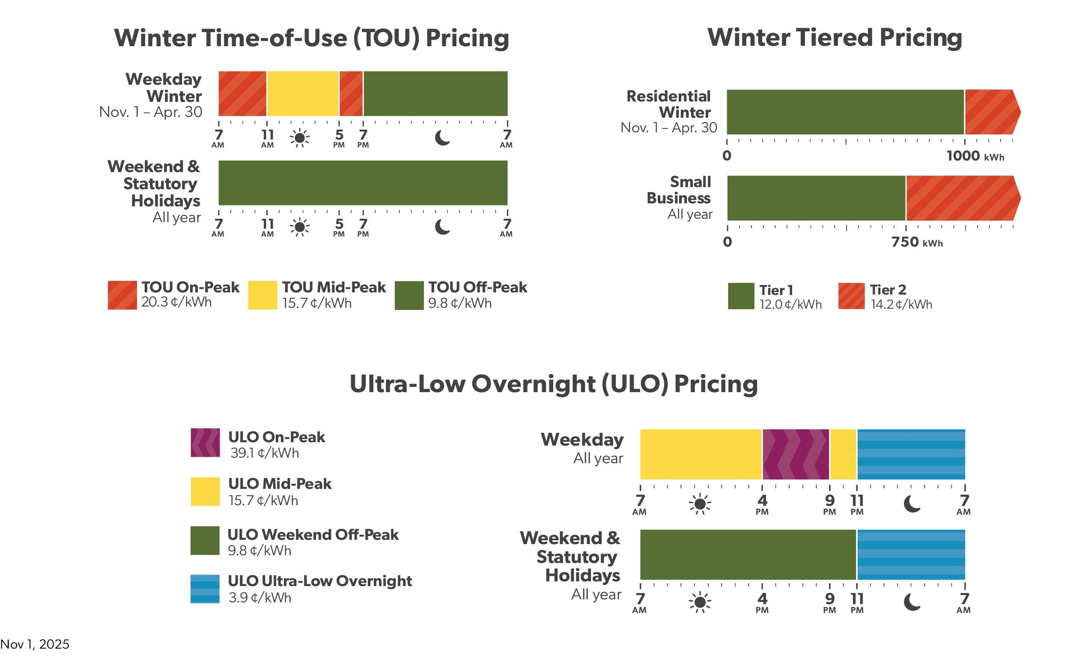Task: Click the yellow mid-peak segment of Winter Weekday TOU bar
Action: (x=303, y=93)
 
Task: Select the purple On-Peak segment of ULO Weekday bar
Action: (x=796, y=454)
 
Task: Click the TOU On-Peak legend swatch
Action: (x=122, y=295)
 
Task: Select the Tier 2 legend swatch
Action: (x=851, y=296)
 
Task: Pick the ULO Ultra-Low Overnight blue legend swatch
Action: (x=205, y=589)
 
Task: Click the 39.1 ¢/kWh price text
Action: (x=264, y=453)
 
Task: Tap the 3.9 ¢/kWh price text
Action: (x=260, y=597)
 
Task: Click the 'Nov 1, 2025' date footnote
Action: (x=35, y=644)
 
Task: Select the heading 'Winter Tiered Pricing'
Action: (x=834, y=37)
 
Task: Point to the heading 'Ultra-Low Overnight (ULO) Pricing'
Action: (x=554, y=384)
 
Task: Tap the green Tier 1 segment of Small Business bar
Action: (x=816, y=198)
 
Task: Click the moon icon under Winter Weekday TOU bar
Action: (x=442, y=138)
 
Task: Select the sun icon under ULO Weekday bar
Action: (x=700, y=504)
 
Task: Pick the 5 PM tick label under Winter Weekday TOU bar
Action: (x=339, y=138)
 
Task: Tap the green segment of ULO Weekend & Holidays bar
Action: (x=748, y=554)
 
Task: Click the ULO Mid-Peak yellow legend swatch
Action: (x=205, y=491)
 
